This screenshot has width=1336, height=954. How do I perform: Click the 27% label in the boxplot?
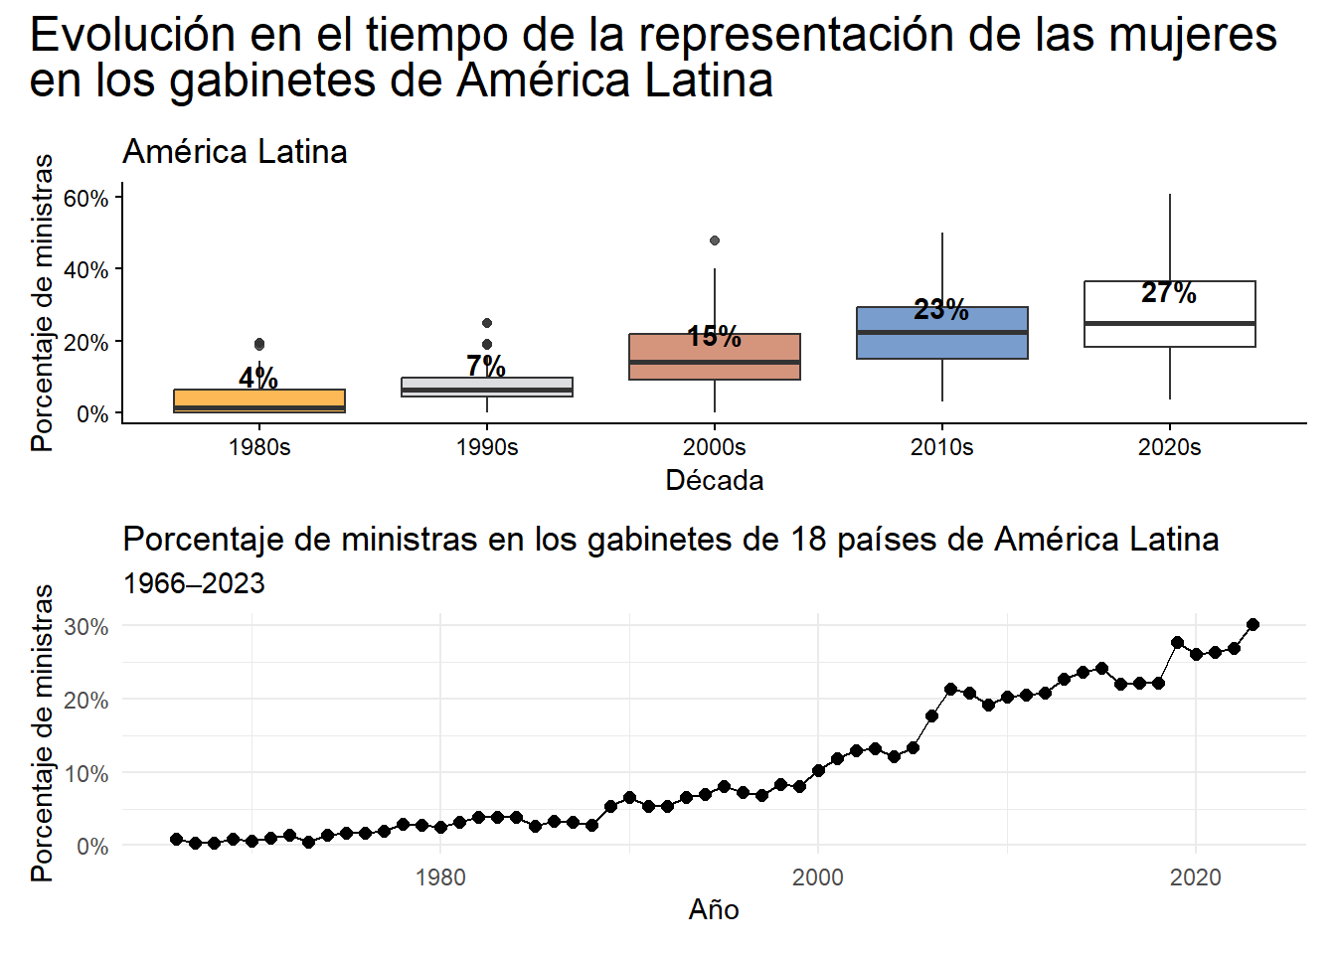tap(1169, 293)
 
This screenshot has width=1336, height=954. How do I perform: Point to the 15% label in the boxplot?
tap(714, 337)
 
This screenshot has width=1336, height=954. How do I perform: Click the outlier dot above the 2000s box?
tap(715, 240)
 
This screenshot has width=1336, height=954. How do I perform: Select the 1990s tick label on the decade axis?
tap(487, 447)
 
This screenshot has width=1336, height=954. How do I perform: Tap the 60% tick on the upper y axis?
tap(85, 198)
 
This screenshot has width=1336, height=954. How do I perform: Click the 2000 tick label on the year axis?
tap(817, 876)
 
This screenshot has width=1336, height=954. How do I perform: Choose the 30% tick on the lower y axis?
tap(85, 627)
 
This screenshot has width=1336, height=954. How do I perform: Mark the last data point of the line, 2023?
tap(1252, 624)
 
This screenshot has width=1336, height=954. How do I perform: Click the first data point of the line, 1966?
tap(176, 839)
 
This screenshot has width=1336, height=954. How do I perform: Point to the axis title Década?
tap(714, 481)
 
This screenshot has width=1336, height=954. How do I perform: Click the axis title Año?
tap(714, 909)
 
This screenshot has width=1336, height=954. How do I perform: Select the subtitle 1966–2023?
tap(194, 583)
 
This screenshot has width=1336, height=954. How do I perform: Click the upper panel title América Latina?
tap(235, 152)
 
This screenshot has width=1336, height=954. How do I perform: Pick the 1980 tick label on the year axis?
tap(440, 876)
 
